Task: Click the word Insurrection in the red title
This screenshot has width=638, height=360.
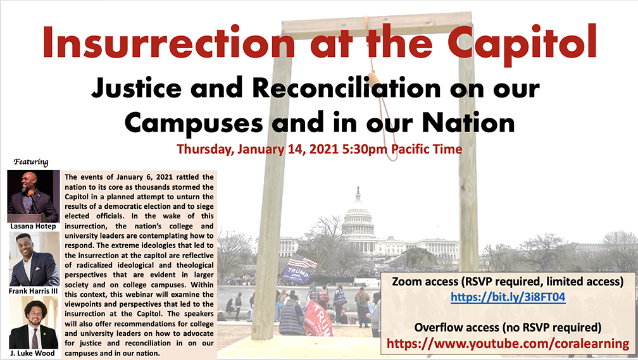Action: click(x=168, y=42)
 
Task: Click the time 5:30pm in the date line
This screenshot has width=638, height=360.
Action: click(x=365, y=149)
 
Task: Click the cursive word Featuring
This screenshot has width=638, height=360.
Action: click(x=31, y=162)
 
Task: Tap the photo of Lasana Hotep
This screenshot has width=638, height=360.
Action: click(x=34, y=196)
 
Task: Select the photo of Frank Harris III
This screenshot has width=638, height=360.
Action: click(x=34, y=259)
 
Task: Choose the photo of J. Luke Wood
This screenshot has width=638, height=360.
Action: click(x=34, y=323)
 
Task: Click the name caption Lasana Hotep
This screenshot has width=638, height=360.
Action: click(x=33, y=226)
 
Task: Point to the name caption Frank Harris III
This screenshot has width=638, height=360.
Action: click(x=34, y=291)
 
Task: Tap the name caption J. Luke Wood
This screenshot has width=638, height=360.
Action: click(x=32, y=353)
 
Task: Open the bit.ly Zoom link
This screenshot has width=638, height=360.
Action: click(x=508, y=297)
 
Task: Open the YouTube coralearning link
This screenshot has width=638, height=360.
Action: click(x=508, y=344)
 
